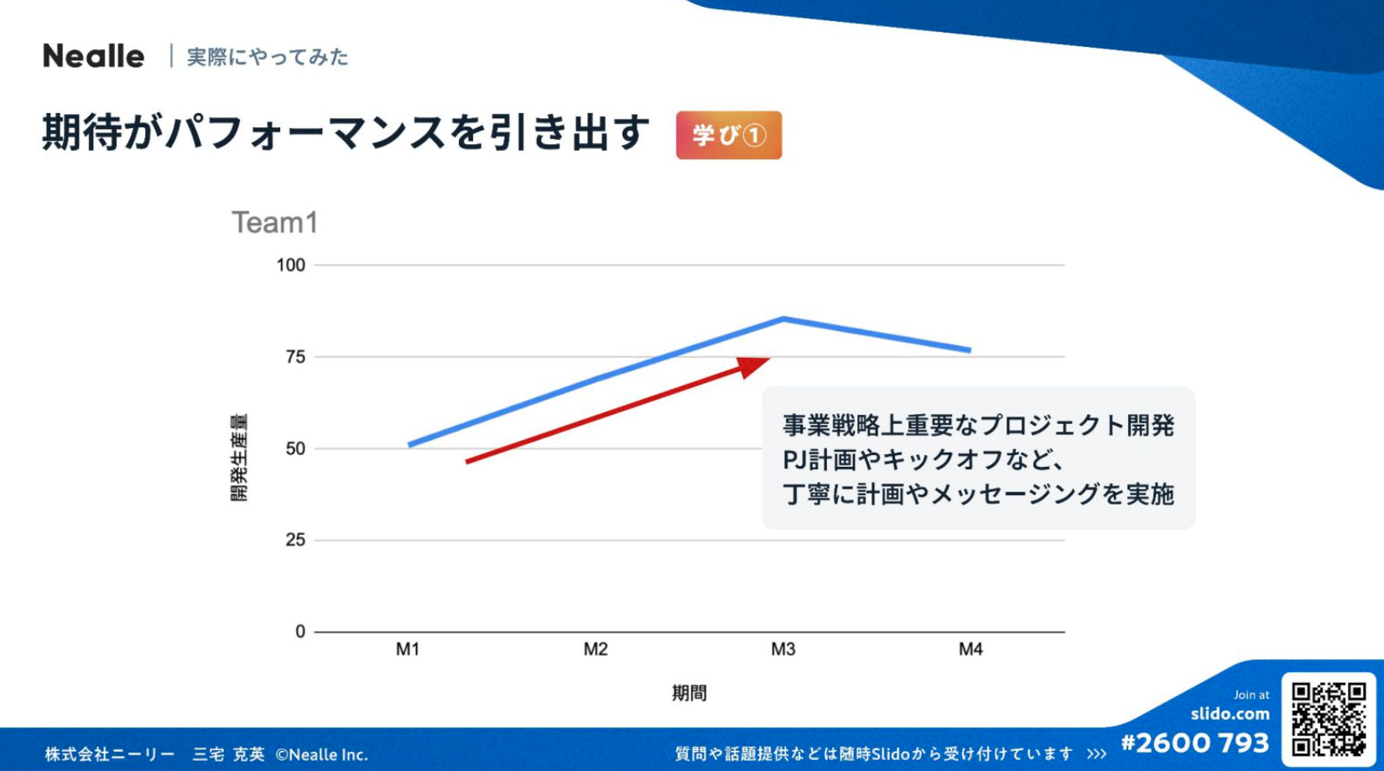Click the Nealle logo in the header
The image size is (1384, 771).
93,56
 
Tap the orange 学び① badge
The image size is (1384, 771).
728,135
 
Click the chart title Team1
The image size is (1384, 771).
274,223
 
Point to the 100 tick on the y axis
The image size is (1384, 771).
291,265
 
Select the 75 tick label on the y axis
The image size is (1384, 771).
295,357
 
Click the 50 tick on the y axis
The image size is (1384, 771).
295,448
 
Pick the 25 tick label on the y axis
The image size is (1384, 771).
295,540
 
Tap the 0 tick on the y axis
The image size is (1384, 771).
300,632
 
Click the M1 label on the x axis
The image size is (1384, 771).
408,649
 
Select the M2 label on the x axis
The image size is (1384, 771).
596,649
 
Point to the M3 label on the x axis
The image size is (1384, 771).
783,649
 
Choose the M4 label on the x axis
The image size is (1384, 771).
970,649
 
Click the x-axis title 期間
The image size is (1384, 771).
689,693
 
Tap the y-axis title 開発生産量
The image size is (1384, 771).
239,458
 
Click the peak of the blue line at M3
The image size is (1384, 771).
783,318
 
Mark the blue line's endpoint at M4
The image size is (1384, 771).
970,350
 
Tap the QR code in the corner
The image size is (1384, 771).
1328,719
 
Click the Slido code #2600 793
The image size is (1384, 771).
1194,743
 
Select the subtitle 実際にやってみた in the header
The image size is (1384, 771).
267,57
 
